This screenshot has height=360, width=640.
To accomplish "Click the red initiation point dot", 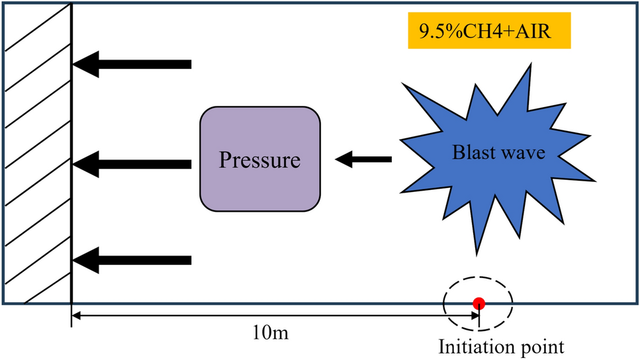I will coord(479,304).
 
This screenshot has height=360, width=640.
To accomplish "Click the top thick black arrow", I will coord(132,64).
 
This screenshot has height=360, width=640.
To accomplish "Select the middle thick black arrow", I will coord(132,162).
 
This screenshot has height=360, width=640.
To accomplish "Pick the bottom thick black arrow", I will coord(132,259).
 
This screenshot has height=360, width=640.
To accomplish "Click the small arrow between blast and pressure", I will coord(363,159).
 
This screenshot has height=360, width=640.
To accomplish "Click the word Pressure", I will coord(260,160).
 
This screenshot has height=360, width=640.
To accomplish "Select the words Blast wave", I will coord(498,153).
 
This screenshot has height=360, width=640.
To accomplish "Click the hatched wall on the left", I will coord(37,152).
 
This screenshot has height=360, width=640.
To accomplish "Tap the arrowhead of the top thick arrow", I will coord(85,64).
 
